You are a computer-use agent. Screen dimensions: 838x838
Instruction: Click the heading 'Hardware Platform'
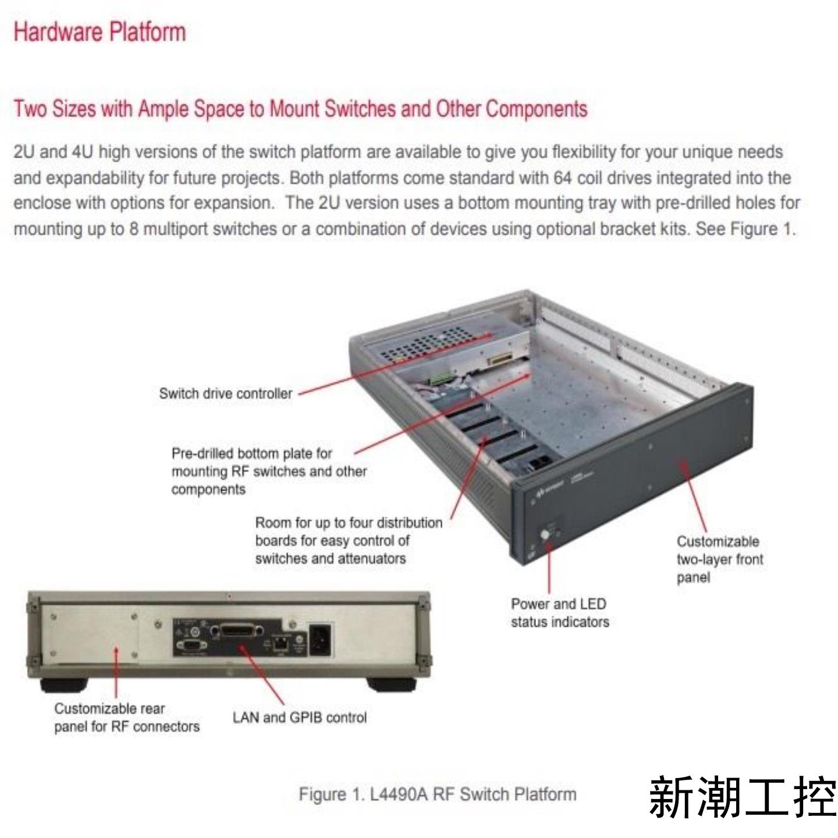coord(100,32)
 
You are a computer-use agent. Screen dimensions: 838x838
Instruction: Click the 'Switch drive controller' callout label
coord(225,393)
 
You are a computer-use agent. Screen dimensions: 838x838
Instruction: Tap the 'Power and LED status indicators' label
coord(559,613)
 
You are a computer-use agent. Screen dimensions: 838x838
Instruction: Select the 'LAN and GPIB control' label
coord(299,717)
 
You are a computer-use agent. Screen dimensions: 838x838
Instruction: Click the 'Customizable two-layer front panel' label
coord(719,559)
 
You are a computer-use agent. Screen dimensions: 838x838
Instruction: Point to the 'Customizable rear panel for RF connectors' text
coord(126,717)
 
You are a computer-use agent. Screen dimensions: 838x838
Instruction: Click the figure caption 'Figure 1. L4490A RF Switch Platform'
coord(437,794)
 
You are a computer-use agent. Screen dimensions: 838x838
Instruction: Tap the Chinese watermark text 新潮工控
coord(741,796)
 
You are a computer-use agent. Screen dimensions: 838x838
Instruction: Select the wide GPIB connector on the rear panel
coord(237,632)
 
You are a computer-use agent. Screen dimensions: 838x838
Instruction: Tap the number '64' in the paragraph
coord(563,177)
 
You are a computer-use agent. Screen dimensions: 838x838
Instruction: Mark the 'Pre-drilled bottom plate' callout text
coord(268,471)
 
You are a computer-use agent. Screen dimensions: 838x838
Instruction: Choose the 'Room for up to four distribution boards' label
coord(348,540)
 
